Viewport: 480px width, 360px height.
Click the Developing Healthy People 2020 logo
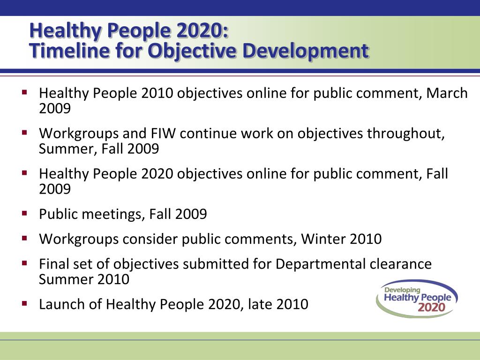(417, 299)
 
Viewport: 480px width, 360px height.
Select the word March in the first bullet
(447, 93)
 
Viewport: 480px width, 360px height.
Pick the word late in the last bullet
(260, 304)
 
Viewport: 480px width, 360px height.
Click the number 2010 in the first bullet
(157, 93)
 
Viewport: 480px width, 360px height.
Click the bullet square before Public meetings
(25, 213)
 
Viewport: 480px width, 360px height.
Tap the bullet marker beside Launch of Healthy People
(25, 303)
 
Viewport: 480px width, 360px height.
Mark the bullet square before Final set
(25, 263)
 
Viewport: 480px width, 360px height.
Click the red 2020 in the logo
(432, 307)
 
